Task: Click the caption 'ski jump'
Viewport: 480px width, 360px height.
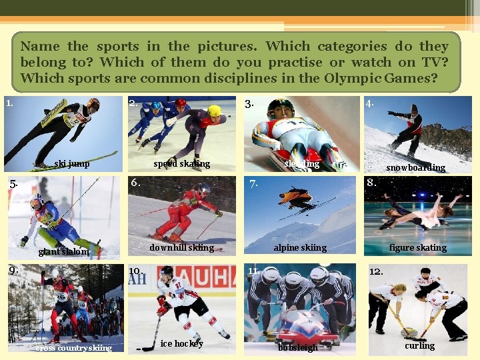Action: [x=72, y=164]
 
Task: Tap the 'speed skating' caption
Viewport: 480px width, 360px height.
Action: [x=181, y=164]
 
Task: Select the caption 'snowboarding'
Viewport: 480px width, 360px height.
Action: [x=415, y=168]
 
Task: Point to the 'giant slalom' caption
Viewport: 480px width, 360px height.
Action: [x=63, y=252]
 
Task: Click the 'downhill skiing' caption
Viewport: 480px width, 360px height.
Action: [x=181, y=248]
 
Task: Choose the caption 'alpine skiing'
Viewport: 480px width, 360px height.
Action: [x=300, y=248]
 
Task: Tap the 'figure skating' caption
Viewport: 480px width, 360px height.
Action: [x=418, y=248]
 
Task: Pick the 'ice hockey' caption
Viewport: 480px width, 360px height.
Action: [x=182, y=344]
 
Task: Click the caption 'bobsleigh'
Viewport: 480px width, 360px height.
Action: [x=298, y=348]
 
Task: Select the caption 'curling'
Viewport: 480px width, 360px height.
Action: [x=419, y=345]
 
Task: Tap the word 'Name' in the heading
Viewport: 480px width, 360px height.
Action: [x=39, y=47]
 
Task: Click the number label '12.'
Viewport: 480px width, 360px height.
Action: [x=376, y=272]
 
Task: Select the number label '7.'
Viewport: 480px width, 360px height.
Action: [x=253, y=184]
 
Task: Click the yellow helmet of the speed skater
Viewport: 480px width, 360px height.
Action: [x=215, y=111]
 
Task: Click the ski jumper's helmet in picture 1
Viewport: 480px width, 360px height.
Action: [x=93, y=103]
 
